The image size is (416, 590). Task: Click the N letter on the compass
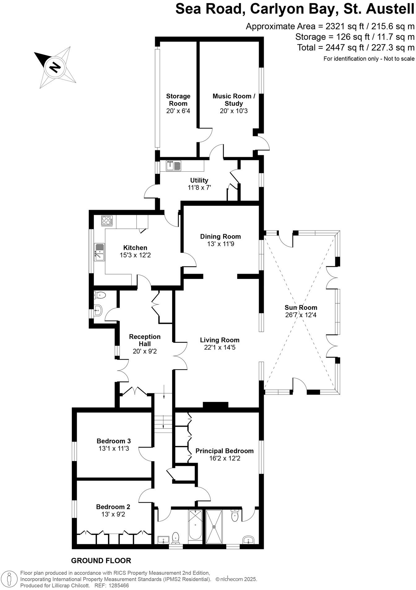(x=55, y=67)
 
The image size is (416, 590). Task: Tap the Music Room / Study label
(x=234, y=100)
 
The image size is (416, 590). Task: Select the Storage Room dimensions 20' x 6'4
(x=178, y=111)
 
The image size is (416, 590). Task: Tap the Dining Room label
(x=220, y=236)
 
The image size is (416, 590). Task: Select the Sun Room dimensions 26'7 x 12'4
(x=301, y=315)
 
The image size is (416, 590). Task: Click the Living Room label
(x=220, y=340)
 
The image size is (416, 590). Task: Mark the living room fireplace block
(x=215, y=405)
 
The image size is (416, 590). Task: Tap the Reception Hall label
(x=145, y=340)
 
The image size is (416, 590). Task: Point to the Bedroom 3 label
(x=114, y=441)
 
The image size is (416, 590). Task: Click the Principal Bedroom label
(x=224, y=451)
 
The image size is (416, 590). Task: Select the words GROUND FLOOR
(x=101, y=560)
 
